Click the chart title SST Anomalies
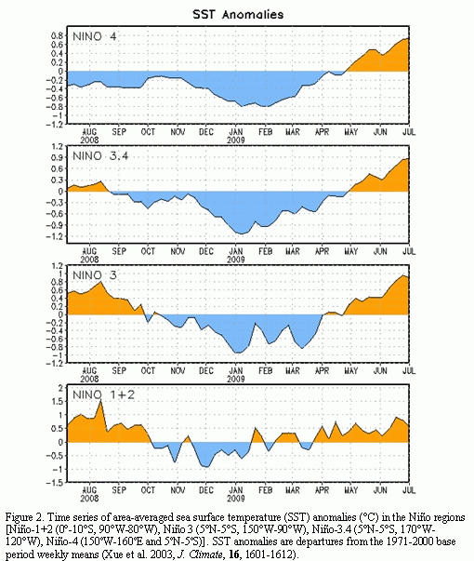click(238, 15)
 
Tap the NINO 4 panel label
click(95, 36)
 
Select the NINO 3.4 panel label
click(100, 156)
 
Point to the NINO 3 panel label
click(95, 275)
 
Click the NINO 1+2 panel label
click(104, 395)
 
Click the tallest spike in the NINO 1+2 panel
click(100, 401)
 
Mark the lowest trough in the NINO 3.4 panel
click(242, 234)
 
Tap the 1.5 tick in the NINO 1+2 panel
click(58, 401)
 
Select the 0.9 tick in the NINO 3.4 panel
click(58, 157)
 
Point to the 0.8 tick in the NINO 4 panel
click(58, 35)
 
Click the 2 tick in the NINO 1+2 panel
click(60, 388)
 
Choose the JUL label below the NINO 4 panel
click(409, 132)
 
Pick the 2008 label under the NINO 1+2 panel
click(89, 498)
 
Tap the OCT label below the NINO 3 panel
click(148, 371)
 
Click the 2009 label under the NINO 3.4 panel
click(236, 259)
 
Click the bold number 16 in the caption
click(234, 554)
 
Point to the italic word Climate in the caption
click(206, 554)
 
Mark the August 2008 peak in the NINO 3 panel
click(100, 282)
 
